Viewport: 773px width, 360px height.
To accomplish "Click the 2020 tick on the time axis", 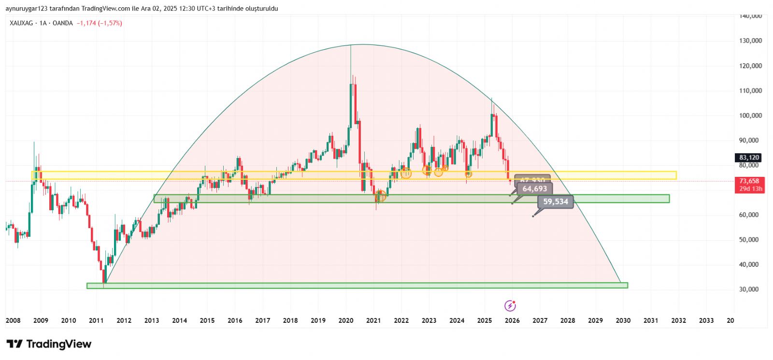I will pyautogui.click(x=345, y=320).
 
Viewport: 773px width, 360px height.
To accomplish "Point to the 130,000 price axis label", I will pyautogui.click(x=750, y=41).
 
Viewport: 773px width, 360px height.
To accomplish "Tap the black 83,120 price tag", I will pyautogui.click(x=749, y=158).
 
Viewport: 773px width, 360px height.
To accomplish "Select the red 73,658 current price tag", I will pyautogui.click(x=749, y=181).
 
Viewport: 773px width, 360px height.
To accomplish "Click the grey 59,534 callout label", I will pyautogui.click(x=556, y=202).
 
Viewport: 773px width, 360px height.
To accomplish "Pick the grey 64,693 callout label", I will pyautogui.click(x=535, y=189).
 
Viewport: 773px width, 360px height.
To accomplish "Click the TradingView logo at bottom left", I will pyautogui.click(x=49, y=344).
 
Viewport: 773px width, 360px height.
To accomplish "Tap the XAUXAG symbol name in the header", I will pyautogui.click(x=22, y=23).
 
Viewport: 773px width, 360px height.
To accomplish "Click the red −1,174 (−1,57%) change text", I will pyautogui.click(x=99, y=23).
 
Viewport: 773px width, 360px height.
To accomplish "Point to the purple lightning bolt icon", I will pyautogui.click(x=510, y=306).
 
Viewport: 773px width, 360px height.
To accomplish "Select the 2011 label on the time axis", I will pyautogui.click(x=96, y=320).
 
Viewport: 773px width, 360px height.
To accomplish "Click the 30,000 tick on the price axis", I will pyautogui.click(x=749, y=289).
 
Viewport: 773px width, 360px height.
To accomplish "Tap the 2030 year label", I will pyautogui.click(x=623, y=320).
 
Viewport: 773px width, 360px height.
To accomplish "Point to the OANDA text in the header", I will pyautogui.click(x=62, y=23).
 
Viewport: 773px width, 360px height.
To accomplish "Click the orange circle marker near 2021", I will pyautogui.click(x=381, y=196).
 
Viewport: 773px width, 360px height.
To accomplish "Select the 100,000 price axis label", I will pyautogui.click(x=750, y=115).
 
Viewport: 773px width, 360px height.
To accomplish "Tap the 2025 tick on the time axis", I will pyautogui.click(x=484, y=320).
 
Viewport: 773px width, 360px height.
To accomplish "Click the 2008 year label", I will pyautogui.click(x=13, y=320).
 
